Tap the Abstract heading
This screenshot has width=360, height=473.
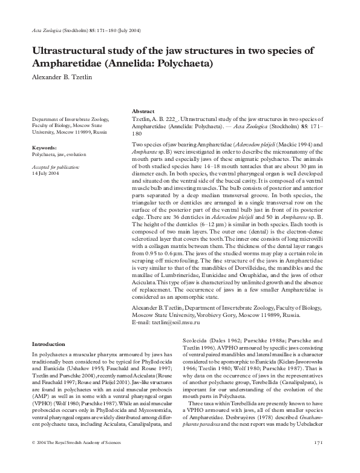click(143, 112)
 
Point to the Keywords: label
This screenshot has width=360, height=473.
click(45, 148)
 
